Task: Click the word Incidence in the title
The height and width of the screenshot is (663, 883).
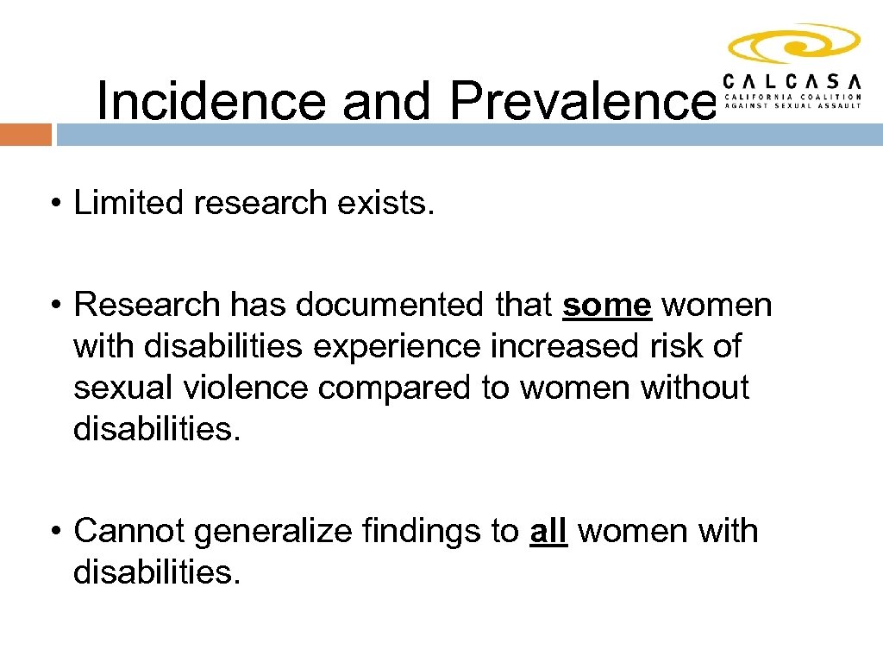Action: click(211, 101)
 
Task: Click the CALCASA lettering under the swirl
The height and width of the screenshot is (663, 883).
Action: click(792, 81)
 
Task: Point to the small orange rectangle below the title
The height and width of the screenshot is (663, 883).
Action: click(26, 135)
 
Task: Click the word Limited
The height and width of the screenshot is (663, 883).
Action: click(129, 204)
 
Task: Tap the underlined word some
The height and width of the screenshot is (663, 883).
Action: click(606, 305)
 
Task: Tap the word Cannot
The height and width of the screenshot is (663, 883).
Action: click(130, 531)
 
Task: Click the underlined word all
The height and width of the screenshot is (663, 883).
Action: click(548, 531)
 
